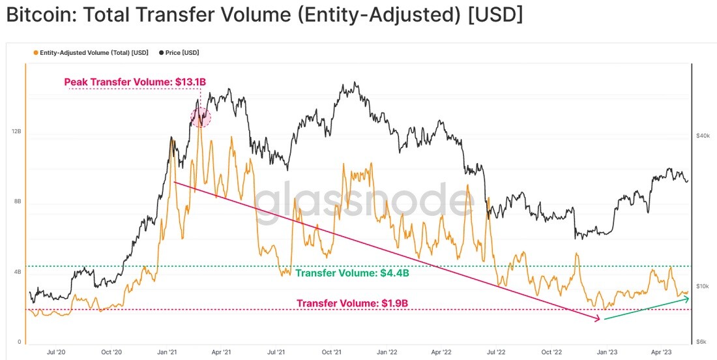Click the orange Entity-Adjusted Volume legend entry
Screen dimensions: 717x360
pyautogui.click(x=91, y=53)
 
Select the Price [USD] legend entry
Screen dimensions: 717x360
pyautogui.click(x=179, y=53)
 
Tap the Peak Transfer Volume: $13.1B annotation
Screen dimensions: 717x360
pyautogui.click(x=135, y=82)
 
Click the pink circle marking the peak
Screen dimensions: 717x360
pyautogui.click(x=200, y=117)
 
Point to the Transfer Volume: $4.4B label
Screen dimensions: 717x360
pyautogui.click(x=352, y=273)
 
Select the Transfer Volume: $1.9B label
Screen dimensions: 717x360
pyautogui.click(x=352, y=303)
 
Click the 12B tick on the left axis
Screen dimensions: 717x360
pyautogui.click(x=16, y=132)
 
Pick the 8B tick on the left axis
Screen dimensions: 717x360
pyautogui.click(x=18, y=202)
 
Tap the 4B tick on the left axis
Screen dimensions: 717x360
pyautogui.click(x=18, y=272)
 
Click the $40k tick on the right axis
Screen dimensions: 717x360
pyautogui.click(x=703, y=136)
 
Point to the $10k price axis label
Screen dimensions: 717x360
pyautogui.click(x=703, y=286)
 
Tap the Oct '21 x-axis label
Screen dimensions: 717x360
pyautogui.click(x=332, y=352)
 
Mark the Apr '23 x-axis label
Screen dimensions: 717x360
pyautogui.click(x=661, y=352)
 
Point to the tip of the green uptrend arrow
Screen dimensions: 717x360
pyautogui.click(x=689, y=298)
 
